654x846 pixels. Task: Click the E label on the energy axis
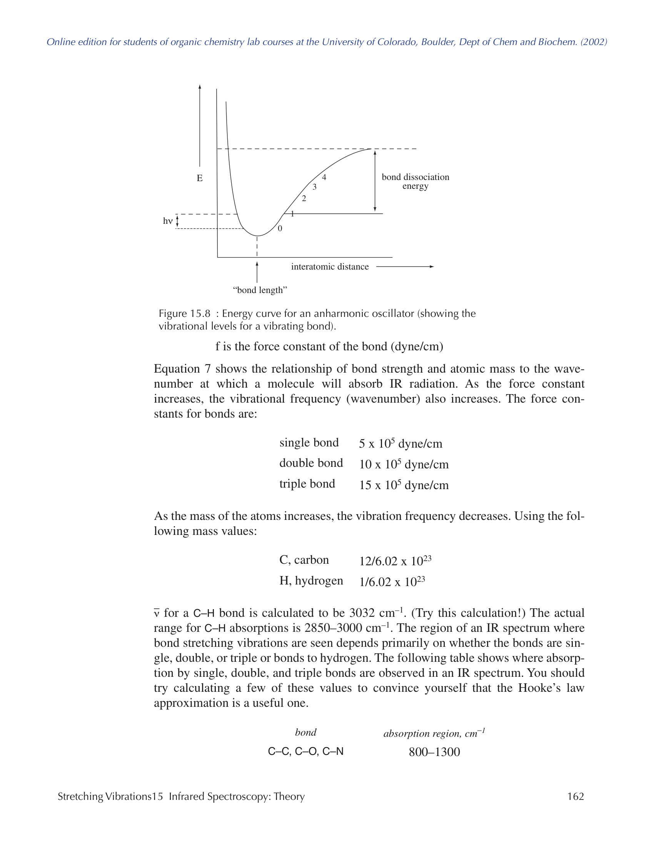[200, 178]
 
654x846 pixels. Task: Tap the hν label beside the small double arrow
[167, 221]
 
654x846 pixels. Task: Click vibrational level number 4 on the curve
[324, 177]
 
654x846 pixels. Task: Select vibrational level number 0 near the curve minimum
[280, 228]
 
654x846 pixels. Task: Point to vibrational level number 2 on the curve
[304, 199]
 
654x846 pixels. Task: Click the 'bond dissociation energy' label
[415, 181]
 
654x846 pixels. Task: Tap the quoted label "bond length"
[260, 290]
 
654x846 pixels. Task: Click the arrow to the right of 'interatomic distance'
[404, 266]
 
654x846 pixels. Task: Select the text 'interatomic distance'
[330, 266]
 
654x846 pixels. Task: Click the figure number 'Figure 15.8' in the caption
[184, 313]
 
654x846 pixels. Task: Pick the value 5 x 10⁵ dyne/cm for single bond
[400, 443]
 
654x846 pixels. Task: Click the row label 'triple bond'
[307, 484]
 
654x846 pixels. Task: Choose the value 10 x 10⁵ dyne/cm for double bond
[403, 464]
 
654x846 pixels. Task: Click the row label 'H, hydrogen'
[311, 581]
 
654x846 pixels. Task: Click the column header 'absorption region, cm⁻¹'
[434, 733]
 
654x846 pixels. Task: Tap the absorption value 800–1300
[434, 752]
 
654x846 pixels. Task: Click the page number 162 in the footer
[576, 796]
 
